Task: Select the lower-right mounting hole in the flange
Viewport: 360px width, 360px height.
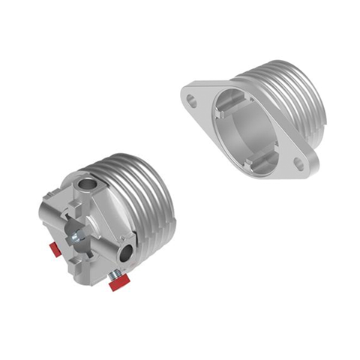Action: coord(300,163)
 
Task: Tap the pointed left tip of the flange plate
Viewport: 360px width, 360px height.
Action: coord(183,91)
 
